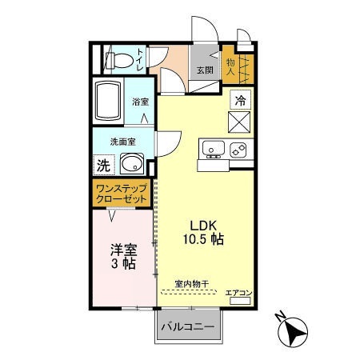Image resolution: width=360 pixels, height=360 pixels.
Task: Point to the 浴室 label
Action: click(142, 102)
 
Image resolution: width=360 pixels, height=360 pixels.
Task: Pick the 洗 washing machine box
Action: click(103, 166)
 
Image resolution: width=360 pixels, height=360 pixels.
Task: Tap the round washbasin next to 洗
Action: click(130, 166)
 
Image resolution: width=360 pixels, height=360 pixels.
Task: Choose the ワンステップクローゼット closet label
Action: click(121, 194)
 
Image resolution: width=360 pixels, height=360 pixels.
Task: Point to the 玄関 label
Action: click(205, 70)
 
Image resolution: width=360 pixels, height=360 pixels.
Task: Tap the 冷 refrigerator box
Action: click(241, 100)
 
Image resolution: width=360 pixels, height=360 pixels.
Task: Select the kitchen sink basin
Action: click(214, 148)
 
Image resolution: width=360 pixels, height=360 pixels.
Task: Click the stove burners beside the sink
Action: click(238, 148)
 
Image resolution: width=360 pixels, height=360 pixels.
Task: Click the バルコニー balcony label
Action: click(186, 327)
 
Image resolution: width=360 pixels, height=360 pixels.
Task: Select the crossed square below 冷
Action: click(241, 122)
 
